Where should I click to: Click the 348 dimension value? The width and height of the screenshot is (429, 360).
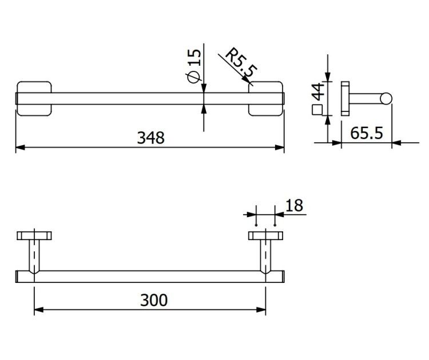coord(151,138)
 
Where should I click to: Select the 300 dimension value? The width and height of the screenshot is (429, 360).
coord(154,300)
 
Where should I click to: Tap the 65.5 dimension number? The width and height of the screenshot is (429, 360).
coord(366,133)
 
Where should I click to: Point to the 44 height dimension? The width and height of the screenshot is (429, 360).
coord(317,92)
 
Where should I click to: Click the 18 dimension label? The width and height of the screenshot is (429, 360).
coord(294,206)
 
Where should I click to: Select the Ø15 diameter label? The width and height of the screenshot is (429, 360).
coord(193,66)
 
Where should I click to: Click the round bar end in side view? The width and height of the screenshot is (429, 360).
coord(386,99)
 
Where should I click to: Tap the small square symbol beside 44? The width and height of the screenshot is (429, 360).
coord(317,110)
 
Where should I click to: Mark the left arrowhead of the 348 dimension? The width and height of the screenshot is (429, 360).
coord(20,147)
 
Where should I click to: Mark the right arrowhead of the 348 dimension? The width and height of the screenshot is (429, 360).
coord(280,147)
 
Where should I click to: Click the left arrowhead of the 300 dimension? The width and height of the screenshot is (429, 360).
coord(39,310)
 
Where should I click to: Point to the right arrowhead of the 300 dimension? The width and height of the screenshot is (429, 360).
coord(261,310)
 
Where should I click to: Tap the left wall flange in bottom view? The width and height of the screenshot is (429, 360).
coord(34,235)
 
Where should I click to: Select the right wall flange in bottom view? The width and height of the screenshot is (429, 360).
coord(265,235)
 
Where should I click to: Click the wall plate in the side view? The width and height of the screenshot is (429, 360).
coord(345,98)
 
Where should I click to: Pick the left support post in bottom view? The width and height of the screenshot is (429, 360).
coord(34,257)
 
